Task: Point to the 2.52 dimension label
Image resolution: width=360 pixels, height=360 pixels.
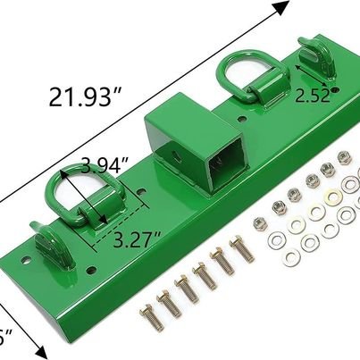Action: (x=315, y=94)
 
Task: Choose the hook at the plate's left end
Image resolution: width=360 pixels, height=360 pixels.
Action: (x=45, y=239)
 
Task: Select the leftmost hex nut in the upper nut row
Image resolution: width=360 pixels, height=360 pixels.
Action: (x=260, y=222)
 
